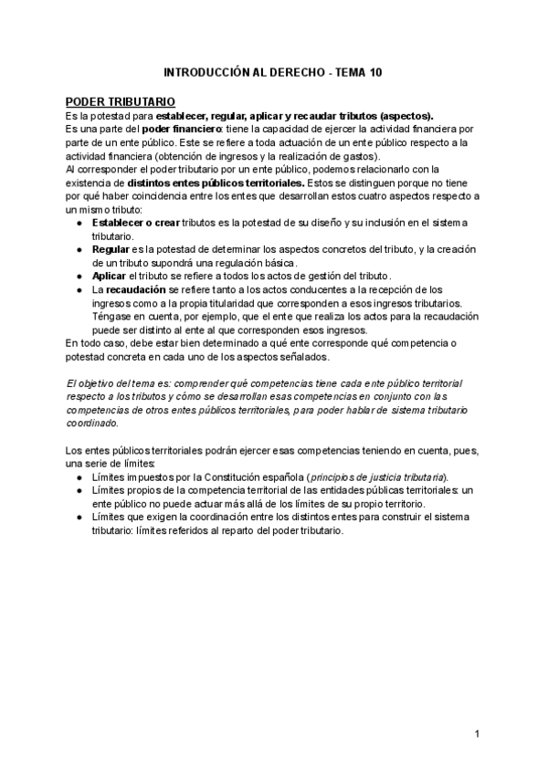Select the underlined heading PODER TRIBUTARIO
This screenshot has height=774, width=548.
click(121, 102)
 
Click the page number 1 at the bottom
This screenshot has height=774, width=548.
click(477, 735)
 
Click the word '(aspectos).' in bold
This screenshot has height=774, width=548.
click(406, 115)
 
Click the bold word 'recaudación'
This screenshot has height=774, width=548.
click(135, 289)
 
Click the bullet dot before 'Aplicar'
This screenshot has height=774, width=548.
click(80, 276)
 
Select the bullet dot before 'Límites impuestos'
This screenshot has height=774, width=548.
click(80, 477)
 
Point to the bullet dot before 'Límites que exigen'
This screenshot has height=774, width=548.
click(80, 518)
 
